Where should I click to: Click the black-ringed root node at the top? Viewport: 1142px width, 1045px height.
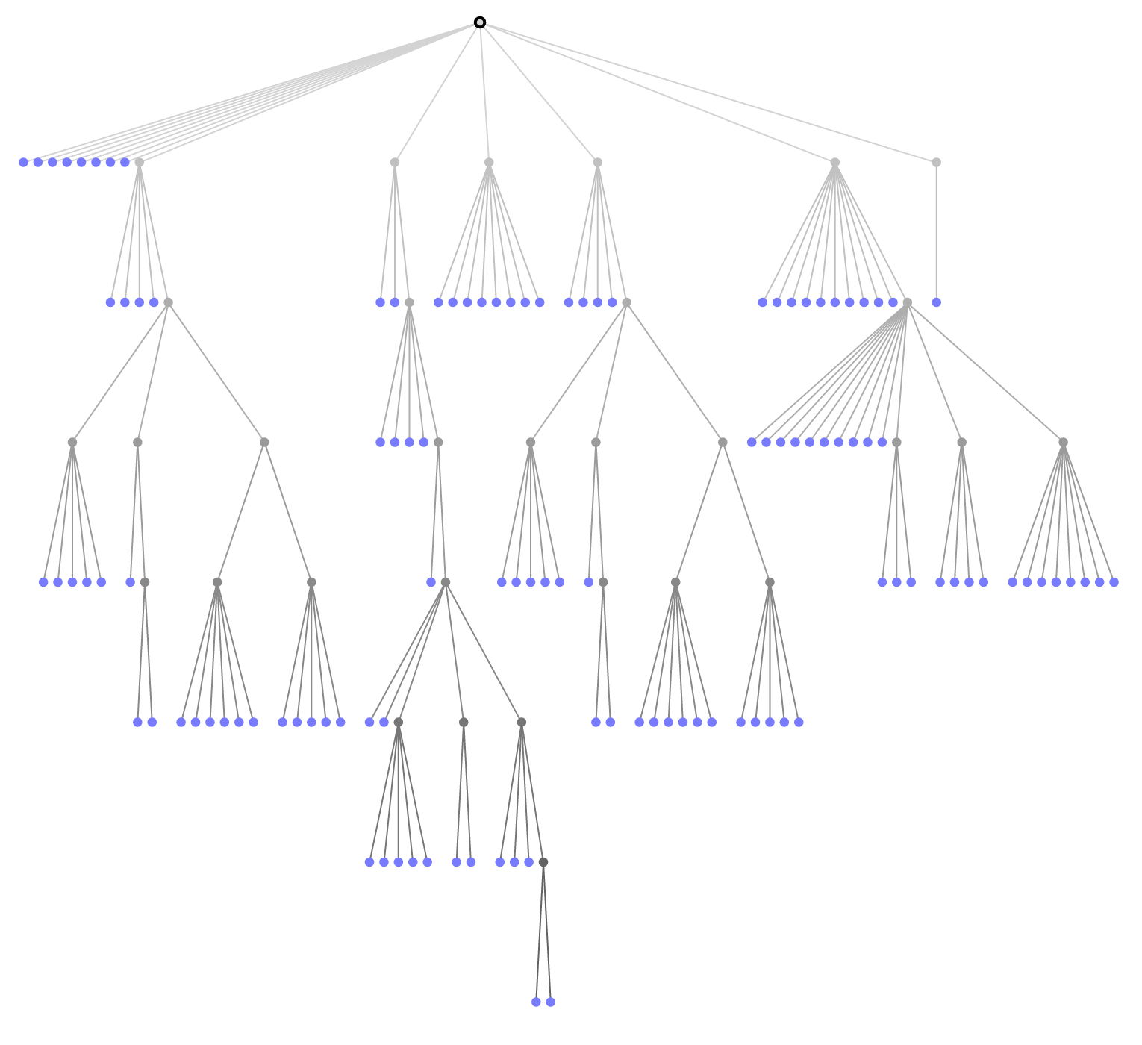click(x=480, y=22)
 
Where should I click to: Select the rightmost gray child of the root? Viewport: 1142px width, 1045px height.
click(x=936, y=162)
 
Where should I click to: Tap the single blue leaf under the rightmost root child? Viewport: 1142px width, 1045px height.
click(x=936, y=302)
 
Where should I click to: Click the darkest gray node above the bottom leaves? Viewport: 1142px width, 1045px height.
click(x=543, y=862)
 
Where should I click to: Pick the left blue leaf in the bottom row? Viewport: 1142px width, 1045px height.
click(x=536, y=1002)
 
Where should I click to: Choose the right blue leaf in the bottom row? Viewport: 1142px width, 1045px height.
click(x=550, y=1002)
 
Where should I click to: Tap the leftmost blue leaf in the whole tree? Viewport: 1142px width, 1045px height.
click(x=23, y=162)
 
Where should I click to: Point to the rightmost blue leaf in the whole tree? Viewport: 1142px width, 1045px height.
click(x=1114, y=582)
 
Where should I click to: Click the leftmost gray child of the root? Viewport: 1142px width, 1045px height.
click(x=139, y=162)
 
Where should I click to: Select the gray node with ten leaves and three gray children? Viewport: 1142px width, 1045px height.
click(x=907, y=302)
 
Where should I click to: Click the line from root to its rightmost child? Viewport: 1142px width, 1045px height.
click(x=708, y=92)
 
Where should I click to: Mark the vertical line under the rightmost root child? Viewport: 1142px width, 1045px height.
click(x=936, y=232)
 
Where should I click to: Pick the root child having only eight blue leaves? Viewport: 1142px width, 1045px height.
click(x=489, y=162)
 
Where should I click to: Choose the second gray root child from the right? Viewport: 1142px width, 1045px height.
click(x=834, y=162)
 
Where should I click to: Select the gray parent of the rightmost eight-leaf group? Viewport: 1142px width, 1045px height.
click(x=1063, y=442)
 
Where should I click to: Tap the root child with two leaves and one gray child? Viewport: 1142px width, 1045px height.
click(x=394, y=162)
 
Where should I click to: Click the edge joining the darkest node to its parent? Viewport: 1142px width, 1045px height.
click(x=532, y=792)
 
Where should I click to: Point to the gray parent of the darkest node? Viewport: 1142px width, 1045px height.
click(x=521, y=722)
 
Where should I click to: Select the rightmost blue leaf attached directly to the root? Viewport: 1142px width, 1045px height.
click(x=125, y=162)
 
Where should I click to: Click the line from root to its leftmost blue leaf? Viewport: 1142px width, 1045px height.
click(x=252, y=92)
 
